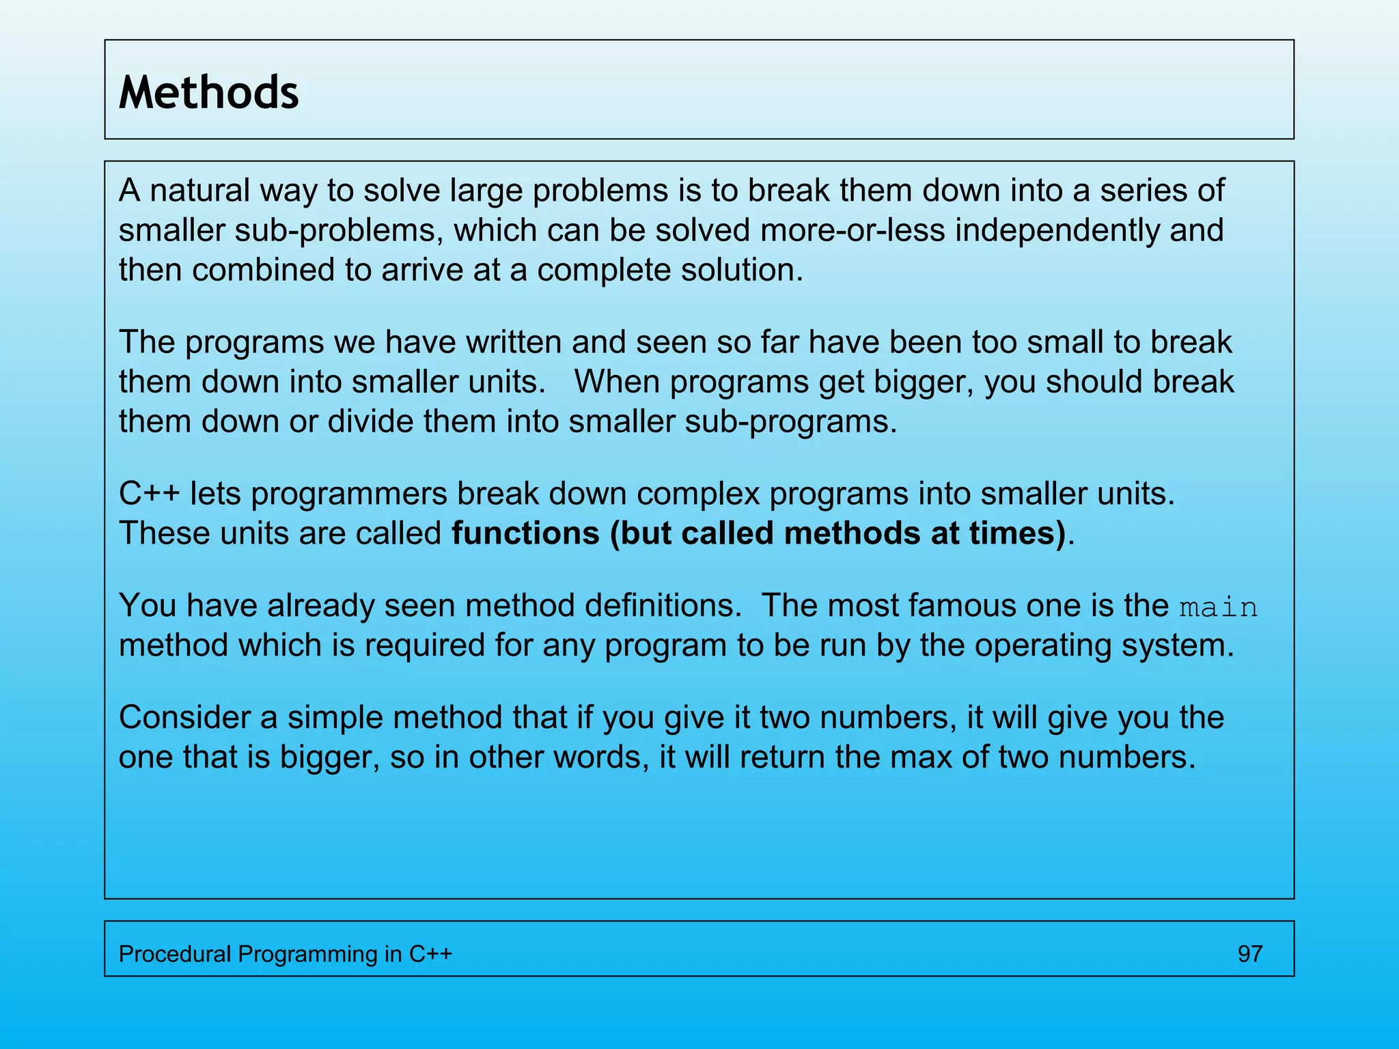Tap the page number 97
point(1249,953)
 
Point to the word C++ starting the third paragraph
point(150,493)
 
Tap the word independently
point(1057,230)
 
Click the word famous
point(962,605)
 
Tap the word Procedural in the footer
point(175,953)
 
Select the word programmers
point(349,494)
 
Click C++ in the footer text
point(430,953)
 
